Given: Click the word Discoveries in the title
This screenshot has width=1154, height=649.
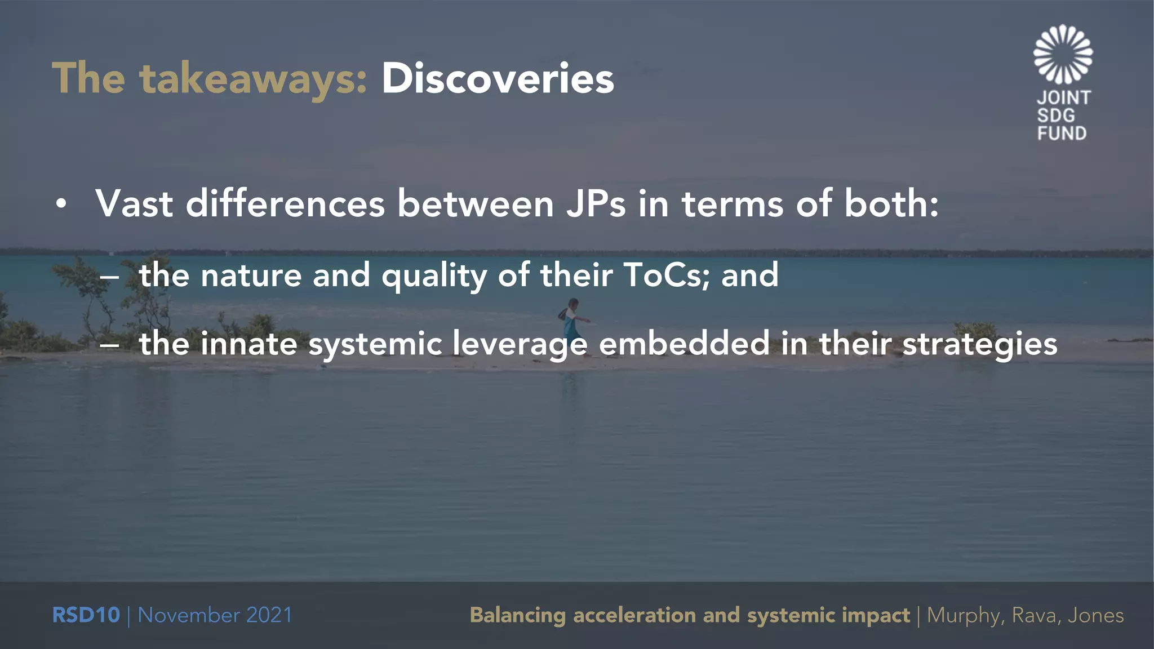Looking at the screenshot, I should (498, 78).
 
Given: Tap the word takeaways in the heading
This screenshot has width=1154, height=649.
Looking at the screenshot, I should (254, 79).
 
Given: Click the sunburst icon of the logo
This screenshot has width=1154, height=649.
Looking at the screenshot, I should (1063, 54).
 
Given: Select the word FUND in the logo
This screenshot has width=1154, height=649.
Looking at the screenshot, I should (1062, 134).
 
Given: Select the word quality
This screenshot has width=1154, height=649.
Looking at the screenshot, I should (434, 276).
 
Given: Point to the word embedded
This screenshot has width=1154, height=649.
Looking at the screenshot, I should (684, 344).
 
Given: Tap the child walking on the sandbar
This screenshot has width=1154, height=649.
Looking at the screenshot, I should (572, 321).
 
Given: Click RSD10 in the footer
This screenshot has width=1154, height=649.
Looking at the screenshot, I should (86, 615).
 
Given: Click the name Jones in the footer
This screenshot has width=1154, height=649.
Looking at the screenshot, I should (1095, 615).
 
